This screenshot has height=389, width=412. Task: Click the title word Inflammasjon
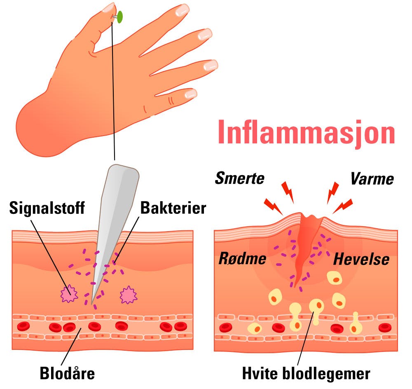[x=306, y=132]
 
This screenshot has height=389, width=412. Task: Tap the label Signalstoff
[x=47, y=208]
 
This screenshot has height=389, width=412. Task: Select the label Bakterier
[x=173, y=208]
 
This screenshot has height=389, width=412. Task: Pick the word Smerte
[x=239, y=179]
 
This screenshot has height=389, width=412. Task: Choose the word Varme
[x=372, y=179]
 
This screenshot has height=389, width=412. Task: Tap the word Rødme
[x=242, y=259]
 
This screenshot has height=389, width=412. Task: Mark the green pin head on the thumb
[x=120, y=17]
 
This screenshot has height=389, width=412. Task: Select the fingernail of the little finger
[x=190, y=94]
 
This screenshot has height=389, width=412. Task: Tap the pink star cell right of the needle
[x=128, y=295]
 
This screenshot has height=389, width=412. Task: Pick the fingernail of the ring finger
[x=210, y=65]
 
